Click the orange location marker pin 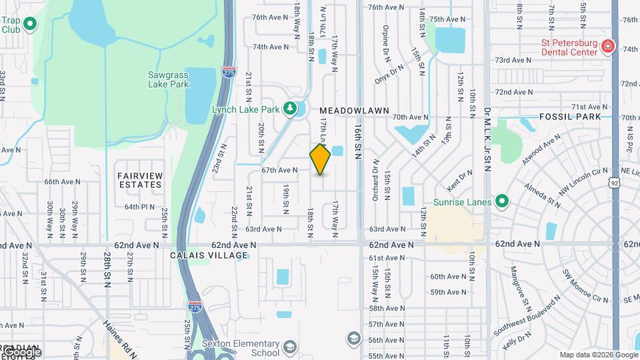point(320,159)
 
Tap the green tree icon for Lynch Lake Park point(289,108)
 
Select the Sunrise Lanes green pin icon point(501,201)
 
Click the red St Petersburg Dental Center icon point(607,47)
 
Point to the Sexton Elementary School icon point(290,347)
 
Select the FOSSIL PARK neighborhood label point(570,117)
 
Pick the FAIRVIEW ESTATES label point(140,180)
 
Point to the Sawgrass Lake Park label point(168,79)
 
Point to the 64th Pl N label point(140,207)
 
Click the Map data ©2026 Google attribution point(598,355)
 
